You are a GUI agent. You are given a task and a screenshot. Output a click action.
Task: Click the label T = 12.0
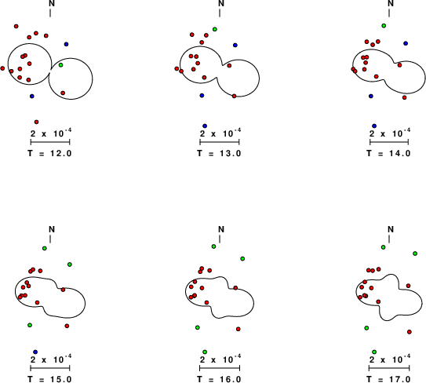(49, 153)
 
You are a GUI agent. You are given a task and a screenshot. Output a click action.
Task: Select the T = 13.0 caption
(219, 153)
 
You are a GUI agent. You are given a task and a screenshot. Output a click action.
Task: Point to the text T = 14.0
(389, 153)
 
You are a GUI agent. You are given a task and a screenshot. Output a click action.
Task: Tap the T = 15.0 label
(49, 379)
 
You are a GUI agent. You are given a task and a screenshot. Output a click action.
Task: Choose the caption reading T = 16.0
(219, 379)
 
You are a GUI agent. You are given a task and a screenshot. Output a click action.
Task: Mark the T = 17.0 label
(389, 379)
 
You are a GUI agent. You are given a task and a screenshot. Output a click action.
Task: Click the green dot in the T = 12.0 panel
(61, 65)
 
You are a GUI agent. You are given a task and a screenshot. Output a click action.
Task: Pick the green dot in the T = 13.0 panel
(215, 29)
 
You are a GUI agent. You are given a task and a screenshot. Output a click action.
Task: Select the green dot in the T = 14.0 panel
(384, 26)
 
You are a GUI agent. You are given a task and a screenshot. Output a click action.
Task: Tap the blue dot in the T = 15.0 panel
(35, 352)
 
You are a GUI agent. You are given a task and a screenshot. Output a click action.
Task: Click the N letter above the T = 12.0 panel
(52, 4)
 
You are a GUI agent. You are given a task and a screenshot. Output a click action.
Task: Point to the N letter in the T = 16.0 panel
(221, 229)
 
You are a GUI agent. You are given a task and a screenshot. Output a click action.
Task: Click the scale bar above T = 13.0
(220, 142)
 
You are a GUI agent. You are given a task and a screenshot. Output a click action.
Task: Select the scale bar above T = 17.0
(389, 368)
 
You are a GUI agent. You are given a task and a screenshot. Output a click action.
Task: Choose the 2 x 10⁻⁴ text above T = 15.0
(51, 359)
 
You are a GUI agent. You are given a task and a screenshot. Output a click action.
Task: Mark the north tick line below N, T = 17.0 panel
(389, 239)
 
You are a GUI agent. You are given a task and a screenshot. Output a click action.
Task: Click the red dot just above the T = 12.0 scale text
(36, 122)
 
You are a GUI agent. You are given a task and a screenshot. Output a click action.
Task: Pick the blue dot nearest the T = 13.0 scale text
(205, 126)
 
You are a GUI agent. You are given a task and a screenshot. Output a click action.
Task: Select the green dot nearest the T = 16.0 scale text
(205, 352)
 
